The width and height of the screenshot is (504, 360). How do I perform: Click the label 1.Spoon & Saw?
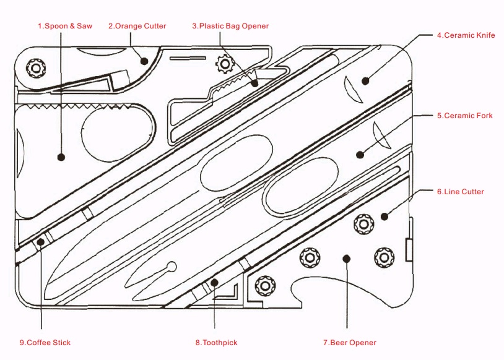tap(65, 26)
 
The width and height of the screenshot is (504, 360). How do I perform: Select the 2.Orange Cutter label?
tap(137, 26)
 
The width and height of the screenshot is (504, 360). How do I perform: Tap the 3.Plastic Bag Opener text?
tap(230, 26)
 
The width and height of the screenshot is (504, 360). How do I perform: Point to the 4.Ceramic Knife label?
tap(466, 35)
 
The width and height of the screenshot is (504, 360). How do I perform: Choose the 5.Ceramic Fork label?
tap(464, 116)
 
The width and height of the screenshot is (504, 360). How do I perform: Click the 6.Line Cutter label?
tap(460, 192)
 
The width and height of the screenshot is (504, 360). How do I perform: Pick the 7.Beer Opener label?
tap(349, 342)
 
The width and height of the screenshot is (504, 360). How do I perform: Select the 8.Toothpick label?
tap(216, 342)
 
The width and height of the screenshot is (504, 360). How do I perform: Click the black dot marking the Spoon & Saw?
tap(61, 157)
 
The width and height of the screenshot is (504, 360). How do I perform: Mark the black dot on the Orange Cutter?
tap(144, 61)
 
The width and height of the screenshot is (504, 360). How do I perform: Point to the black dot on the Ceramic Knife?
tap(365, 80)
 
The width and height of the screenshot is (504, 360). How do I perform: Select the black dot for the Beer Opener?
tap(347, 258)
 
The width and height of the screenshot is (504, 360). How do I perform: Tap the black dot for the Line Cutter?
tap(384, 216)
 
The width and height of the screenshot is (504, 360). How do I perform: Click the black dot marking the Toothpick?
tap(214, 283)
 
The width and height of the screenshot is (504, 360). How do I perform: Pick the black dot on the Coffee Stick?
tap(41, 242)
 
